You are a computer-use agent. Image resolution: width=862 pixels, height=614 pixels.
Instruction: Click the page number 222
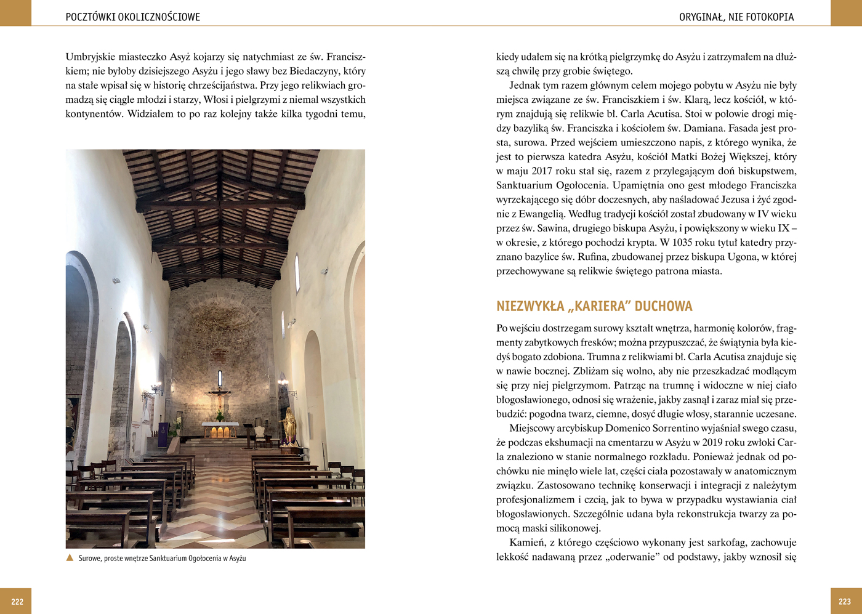tap(17, 602)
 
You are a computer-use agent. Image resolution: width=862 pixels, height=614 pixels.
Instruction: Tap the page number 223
tap(845, 602)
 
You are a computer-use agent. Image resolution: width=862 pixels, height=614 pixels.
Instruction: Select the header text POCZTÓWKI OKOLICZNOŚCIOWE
tap(132, 17)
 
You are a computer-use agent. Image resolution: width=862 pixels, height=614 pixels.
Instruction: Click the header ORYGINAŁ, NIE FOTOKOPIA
tap(736, 17)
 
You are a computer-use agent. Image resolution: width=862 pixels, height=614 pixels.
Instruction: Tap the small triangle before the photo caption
tap(70, 558)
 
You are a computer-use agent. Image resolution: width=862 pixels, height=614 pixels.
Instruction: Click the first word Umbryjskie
tap(91, 57)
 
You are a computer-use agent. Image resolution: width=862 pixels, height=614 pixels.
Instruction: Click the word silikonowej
tap(575, 528)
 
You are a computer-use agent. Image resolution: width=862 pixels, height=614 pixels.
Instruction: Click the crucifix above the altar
tap(219, 395)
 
